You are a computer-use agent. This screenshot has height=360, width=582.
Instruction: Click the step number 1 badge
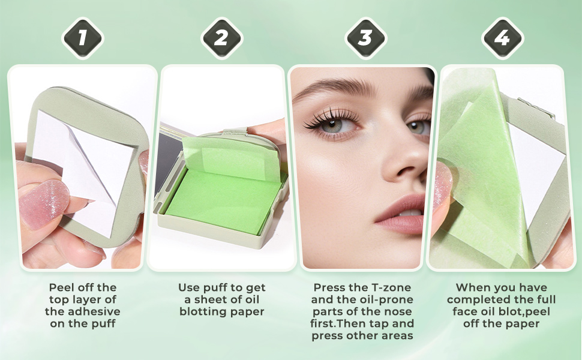pos(82,38)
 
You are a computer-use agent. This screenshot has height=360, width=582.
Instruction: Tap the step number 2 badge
pos(221,38)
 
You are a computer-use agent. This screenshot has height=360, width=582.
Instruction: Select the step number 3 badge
pos(365,38)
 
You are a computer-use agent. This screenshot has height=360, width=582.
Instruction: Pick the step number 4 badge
pos(502,38)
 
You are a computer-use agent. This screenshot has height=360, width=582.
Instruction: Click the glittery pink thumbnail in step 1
pos(44,203)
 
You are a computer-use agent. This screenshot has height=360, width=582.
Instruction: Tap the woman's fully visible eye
pos(331,124)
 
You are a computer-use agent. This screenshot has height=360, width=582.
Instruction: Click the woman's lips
pos(401,215)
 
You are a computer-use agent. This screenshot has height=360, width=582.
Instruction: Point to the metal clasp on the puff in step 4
pos(536,107)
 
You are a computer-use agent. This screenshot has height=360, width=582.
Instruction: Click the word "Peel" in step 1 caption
pos(61,287)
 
